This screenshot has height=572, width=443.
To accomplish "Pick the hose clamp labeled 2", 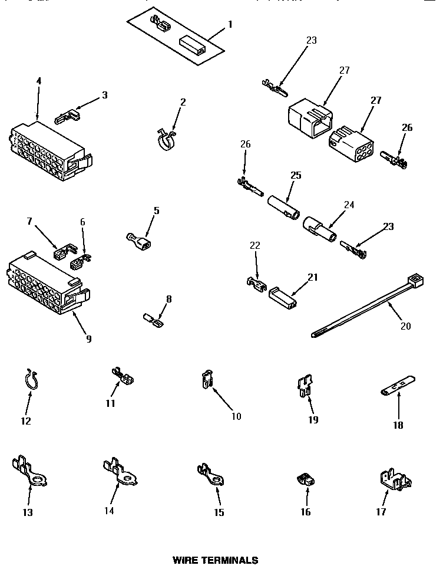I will click(166, 139).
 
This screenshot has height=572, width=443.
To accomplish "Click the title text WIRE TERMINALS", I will click(215, 560).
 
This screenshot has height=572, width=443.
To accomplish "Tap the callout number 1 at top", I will click(230, 24).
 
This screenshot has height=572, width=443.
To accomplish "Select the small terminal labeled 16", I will click(305, 481).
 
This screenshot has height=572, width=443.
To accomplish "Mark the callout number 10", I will click(236, 416).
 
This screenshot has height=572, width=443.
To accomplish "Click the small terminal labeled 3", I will click(66, 116).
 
